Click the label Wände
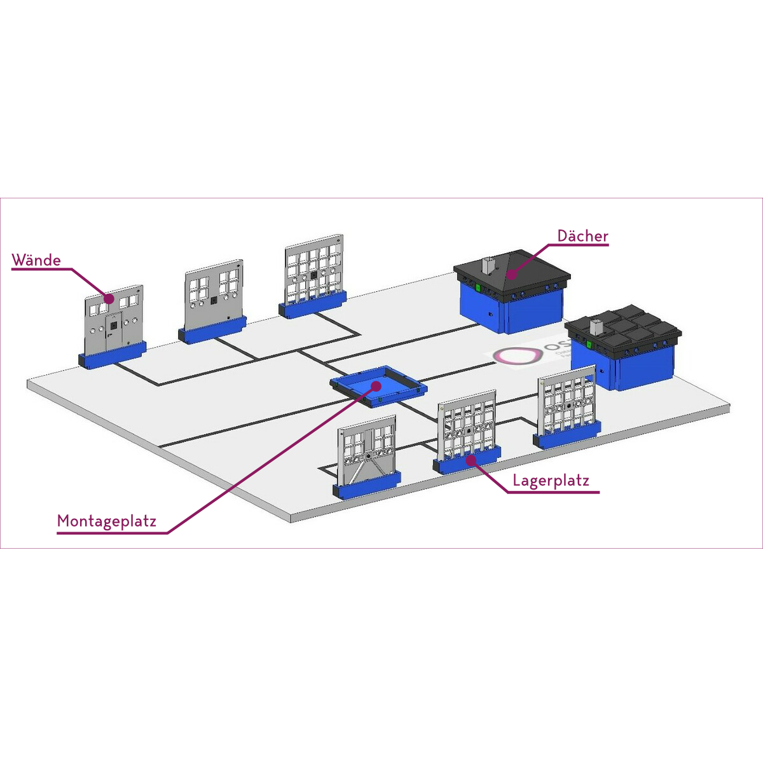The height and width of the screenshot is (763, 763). [36, 260]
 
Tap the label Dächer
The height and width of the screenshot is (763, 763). [582, 236]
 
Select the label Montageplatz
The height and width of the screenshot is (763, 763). [106, 521]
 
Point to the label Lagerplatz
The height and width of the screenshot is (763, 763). [551, 481]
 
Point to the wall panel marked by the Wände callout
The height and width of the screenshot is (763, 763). [113, 321]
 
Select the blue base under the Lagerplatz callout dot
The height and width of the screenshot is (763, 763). [467, 462]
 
